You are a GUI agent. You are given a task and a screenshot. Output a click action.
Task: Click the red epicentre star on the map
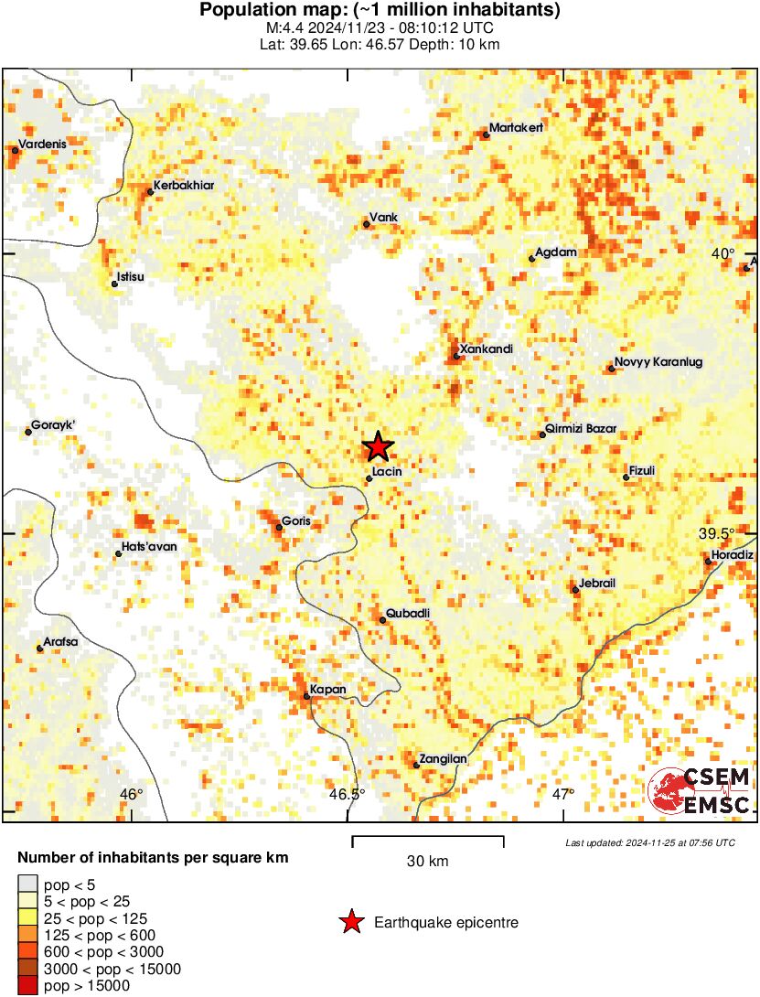point(378,447)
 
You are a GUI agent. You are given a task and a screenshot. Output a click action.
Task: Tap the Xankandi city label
point(487,349)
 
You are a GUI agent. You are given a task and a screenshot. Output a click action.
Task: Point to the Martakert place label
point(516,128)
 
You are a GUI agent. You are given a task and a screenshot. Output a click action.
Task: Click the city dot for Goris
point(279,527)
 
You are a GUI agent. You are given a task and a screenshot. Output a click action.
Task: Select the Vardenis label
point(42,144)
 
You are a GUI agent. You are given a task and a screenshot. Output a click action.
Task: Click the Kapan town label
point(326,690)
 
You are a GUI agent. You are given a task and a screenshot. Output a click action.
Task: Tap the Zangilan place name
point(444,758)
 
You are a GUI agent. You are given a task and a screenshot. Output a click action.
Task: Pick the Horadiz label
point(733,555)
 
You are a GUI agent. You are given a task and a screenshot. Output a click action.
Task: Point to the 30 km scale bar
point(427,837)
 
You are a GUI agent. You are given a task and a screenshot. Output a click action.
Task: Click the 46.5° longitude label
point(347,793)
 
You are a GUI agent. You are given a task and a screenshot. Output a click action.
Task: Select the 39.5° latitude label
point(716,534)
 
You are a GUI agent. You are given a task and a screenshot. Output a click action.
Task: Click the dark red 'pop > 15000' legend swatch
point(28,986)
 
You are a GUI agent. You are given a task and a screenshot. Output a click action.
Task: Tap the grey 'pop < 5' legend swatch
point(28,884)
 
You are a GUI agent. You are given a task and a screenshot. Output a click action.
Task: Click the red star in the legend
point(350,923)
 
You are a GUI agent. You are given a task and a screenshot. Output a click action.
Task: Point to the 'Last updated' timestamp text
point(649,842)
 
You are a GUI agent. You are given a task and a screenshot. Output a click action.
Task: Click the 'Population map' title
point(380,11)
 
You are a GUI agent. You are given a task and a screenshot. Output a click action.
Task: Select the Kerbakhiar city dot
point(150,191)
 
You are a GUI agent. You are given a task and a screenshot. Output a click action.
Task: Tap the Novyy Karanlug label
point(658,362)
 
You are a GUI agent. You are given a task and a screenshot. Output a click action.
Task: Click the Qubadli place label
point(408,613)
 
